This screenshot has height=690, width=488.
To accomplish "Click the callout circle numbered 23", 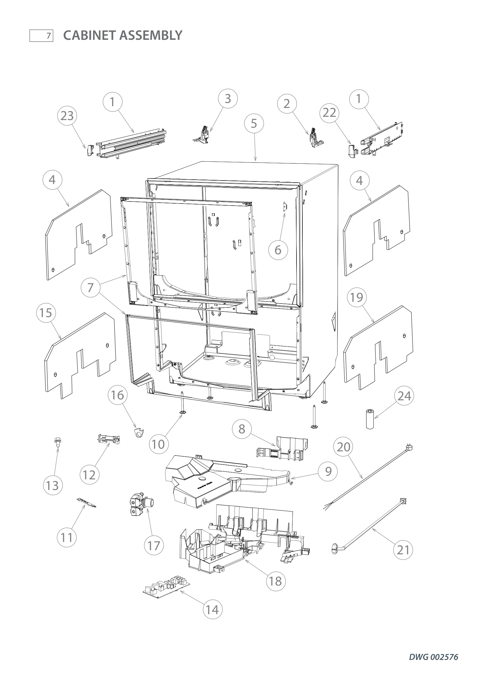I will click(x=67, y=116).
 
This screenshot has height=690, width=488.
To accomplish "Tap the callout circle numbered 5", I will click(x=254, y=123).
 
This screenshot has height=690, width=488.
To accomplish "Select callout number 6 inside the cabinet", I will click(x=278, y=250).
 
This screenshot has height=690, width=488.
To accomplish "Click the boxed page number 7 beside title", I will click(x=41, y=36).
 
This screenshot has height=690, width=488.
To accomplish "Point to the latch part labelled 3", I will click(x=201, y=135).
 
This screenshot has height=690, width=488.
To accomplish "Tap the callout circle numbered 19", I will click(x=357, y=298).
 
